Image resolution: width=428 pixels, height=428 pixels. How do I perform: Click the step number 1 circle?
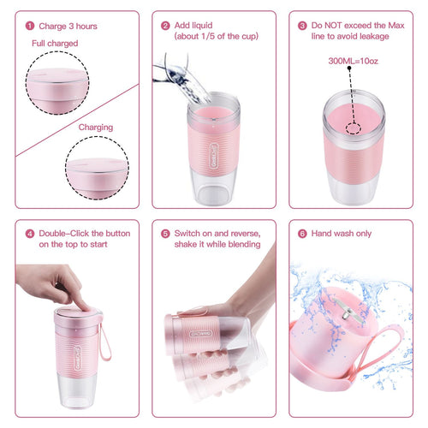coord(31,26)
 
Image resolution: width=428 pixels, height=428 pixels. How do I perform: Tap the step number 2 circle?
coord(165,26)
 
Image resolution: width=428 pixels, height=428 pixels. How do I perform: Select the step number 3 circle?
coord(302,26)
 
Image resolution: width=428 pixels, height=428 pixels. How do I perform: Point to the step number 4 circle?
coord(30,233)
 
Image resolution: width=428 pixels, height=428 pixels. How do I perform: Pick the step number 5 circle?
coord(165,233)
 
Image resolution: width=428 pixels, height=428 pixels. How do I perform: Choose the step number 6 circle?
coord(302,233)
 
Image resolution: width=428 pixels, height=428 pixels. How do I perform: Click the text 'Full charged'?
coord(55,43)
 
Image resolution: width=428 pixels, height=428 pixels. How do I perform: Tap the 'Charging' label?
coord(95,127)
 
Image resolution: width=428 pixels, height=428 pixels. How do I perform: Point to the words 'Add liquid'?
coord(194,26)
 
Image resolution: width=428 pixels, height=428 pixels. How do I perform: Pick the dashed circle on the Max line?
coord(353,128)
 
